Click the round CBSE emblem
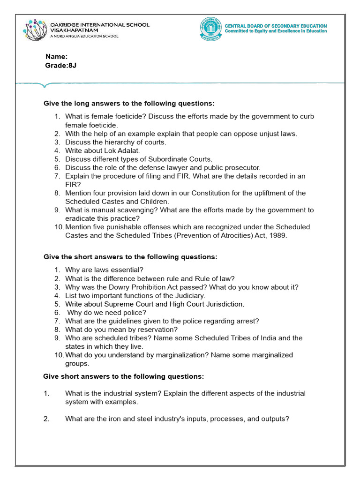click(210, 29)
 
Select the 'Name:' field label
click(56, 57)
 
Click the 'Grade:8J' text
click(60, 66)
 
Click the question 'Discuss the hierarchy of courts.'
click(116, 142)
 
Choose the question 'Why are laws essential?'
click(104, 270)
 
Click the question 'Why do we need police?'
click(107, 312)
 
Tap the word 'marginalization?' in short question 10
click(182, 355)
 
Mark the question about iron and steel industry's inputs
click(177, 419)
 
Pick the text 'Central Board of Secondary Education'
click(276, 26)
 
